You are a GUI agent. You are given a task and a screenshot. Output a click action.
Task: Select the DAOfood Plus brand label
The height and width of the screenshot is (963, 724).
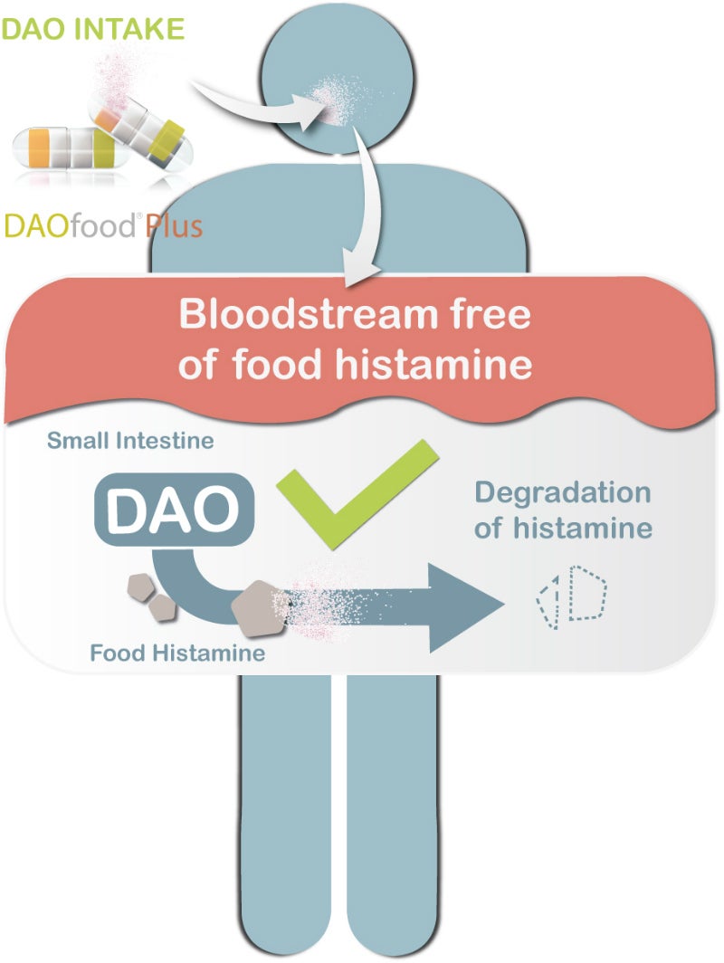[102, 225]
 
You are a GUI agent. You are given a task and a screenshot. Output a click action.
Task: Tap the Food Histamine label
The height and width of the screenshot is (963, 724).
[176, 652]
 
